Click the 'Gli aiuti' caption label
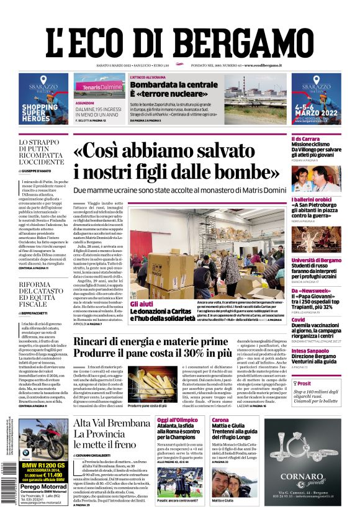point(142,304)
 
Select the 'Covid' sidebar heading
point(299,320)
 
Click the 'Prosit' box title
point(306,384)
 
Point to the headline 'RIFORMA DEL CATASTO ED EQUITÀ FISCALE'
point(42,294)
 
